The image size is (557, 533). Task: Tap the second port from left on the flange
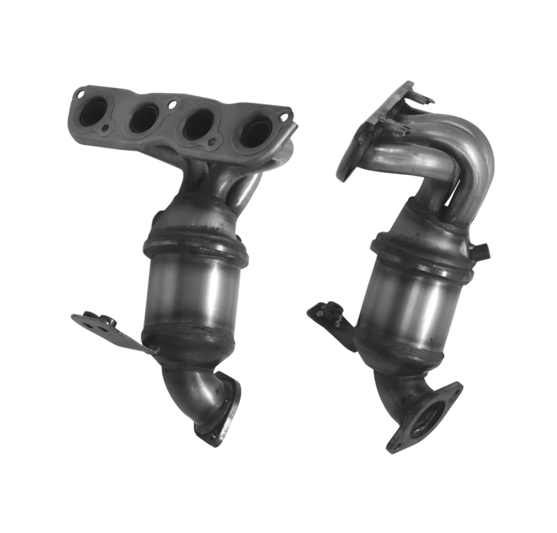click(x=145, y=118)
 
